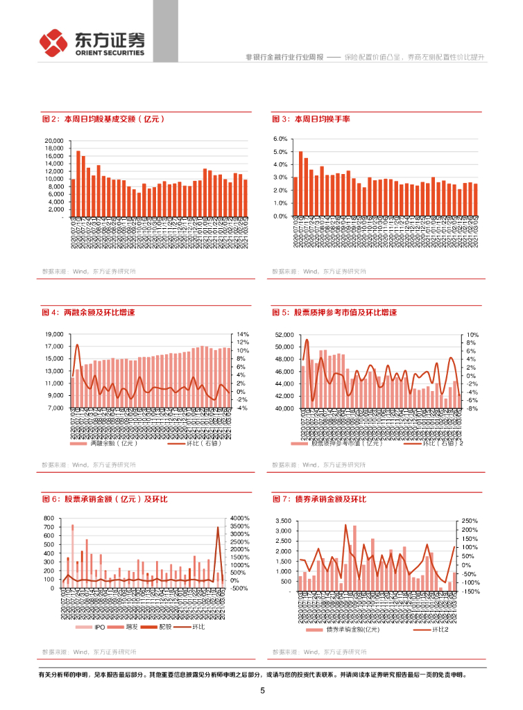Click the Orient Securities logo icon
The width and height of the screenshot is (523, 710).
click(x=54, y=44)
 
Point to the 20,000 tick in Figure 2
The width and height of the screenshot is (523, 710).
click(x=53, y=141)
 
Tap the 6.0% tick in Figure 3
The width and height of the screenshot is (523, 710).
click(x=280, y=139)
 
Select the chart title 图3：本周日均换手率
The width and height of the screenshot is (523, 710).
click(x=311, y=119)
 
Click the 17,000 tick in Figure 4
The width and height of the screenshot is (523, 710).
click(x=53, y=334)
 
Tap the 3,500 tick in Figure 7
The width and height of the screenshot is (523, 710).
click(x=283, y=521)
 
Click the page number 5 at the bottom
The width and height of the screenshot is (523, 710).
click(x=262, y=691)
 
